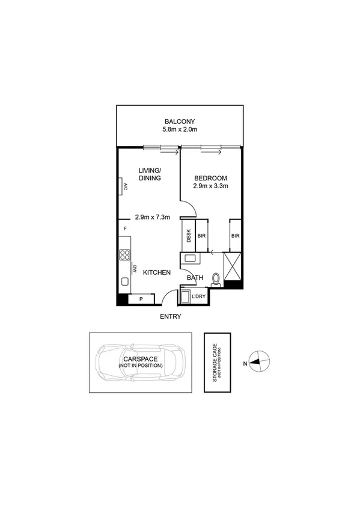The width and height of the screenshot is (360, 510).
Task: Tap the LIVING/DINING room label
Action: tap(150, 174)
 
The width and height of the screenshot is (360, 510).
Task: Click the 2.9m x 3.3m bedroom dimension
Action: tap(210, 187)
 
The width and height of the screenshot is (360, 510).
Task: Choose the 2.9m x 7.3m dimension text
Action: tap(153, 217)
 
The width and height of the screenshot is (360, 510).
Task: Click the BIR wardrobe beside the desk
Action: tap(201, 236)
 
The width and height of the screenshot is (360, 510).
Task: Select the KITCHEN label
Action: tap(156, 272)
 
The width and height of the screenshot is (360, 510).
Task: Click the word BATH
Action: tap(195, 277)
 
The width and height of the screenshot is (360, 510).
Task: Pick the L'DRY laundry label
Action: tap(199, 297)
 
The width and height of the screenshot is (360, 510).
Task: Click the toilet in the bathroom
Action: tap(215, 277)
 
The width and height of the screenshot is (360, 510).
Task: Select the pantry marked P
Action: tap(141, 298)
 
